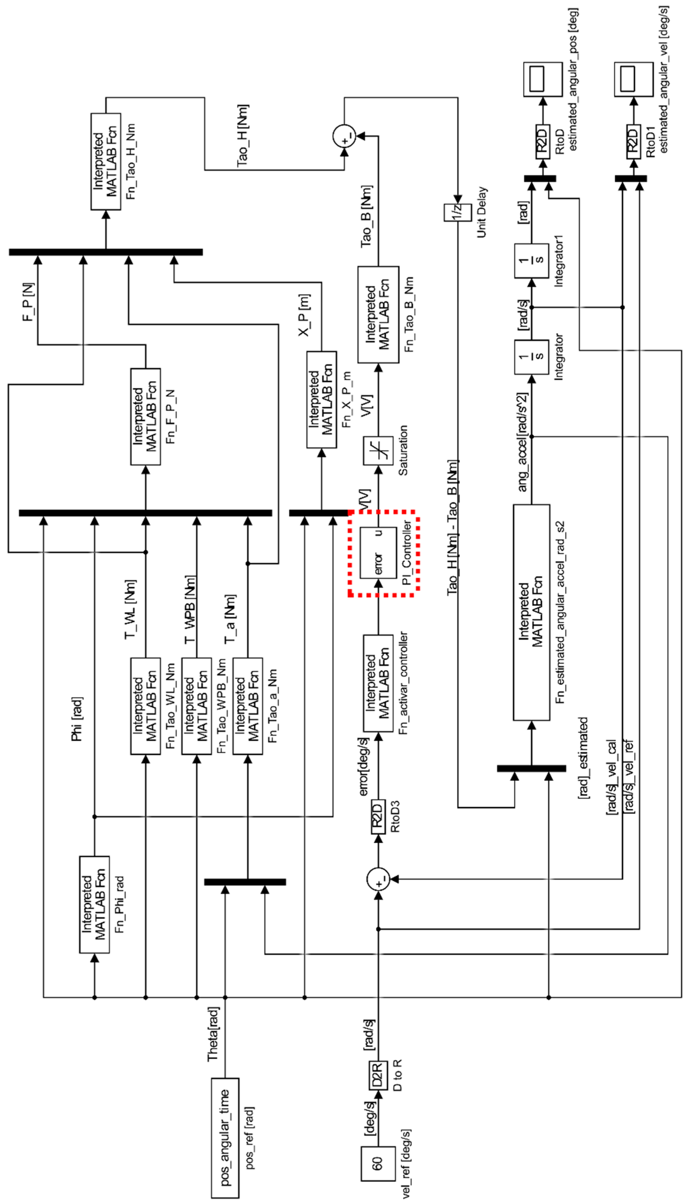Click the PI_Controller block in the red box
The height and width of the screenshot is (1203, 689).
(x=378, y=552)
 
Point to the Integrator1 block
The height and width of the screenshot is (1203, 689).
(x=531, y=261)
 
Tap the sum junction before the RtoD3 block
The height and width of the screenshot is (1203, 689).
(x=378, y=879)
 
